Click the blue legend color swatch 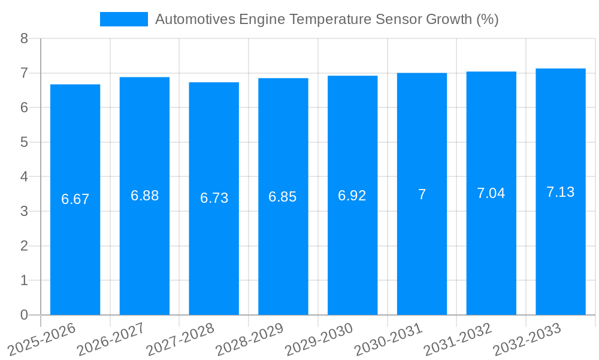click(123, 19)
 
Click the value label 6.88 click(145, 196)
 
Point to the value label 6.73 click(214, 198)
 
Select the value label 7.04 click(491, 193)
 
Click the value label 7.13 click(561, 192)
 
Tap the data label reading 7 click(422, 194)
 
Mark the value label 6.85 click(283, 197)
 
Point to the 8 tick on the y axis click(24, 38)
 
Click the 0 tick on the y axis click(24, 315)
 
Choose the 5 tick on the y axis click(24, 142)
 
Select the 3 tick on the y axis click(24, 211)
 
